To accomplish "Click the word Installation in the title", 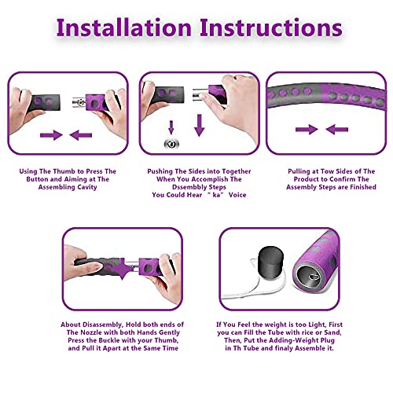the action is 124,28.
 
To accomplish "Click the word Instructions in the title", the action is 271,28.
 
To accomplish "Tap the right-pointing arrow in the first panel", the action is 51,135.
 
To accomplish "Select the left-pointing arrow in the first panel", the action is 81,135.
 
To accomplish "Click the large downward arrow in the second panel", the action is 200,125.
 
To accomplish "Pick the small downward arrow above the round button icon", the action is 171,127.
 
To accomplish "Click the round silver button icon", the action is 171,144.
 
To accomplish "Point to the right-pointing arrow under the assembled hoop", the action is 307,130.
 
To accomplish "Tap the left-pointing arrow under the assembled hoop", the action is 337,130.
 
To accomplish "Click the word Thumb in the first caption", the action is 64,171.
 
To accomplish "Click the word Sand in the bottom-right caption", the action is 332,332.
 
